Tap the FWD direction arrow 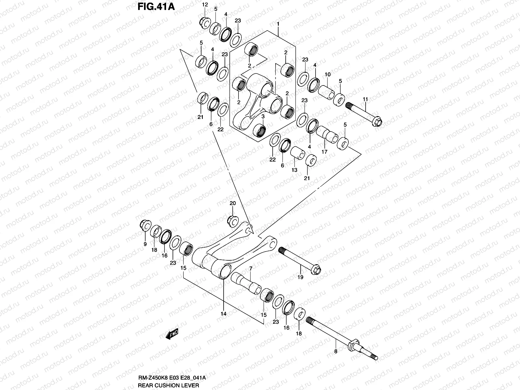pos(172,334)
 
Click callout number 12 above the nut pos(204,5)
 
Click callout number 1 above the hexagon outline pos(278,24)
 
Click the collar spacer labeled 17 pos(327,134)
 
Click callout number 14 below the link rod pos(223,314)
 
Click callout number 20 pos(232,203)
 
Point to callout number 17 pos(324,152)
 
